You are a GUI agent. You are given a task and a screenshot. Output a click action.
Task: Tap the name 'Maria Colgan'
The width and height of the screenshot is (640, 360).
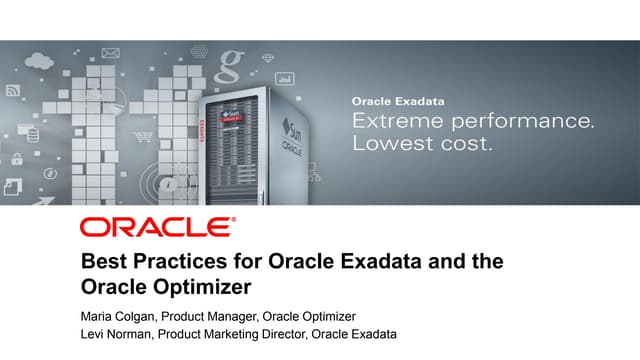(x=118, y=316)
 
